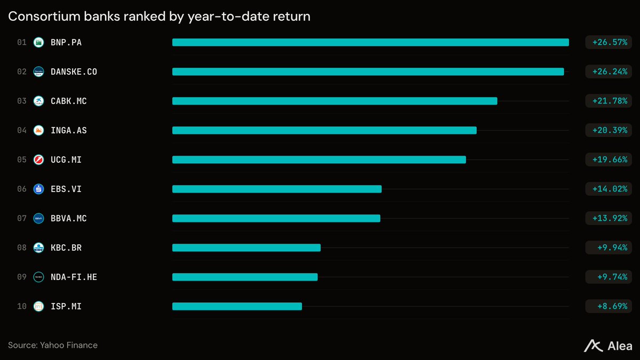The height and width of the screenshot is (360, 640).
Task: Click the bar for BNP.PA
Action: [x=371, y=42]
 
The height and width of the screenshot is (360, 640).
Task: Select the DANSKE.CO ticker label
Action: [x=74, y=71]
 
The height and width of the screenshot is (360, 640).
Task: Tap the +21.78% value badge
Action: [x=609, y=101]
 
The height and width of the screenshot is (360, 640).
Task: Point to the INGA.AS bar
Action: [x=324, y=130]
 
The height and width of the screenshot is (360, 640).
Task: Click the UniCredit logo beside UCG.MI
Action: [x=38, y=159]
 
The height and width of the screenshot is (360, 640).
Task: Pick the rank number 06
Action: [x=22, y=189]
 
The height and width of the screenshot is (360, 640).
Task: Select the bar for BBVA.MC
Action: [x=276, y=218]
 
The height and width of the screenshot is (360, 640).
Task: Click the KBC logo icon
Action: [x=38, y=247]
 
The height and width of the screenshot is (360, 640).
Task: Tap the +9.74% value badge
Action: [x=609, y=277]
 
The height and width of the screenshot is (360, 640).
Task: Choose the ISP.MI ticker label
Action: [x=66, y=306]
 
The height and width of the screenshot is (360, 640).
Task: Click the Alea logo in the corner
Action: [x=607, y=346]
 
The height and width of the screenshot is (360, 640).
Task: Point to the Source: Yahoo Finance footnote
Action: [x=53, y=345]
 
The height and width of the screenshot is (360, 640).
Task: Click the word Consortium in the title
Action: [x=44, y=17]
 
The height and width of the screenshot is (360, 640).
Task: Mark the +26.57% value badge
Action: [x=609, y=42]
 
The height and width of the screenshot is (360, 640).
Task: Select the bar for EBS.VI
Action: [x=277, y=189]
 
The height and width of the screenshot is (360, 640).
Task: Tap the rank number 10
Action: [x=22, y=306]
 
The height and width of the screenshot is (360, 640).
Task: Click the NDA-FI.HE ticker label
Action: [x=74, y=277]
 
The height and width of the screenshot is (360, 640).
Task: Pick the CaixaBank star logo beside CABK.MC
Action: [x=38, y=101]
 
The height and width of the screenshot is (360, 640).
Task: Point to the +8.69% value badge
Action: [x=609, y=306]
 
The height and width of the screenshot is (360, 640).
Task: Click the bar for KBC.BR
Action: [x=246, y=247]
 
